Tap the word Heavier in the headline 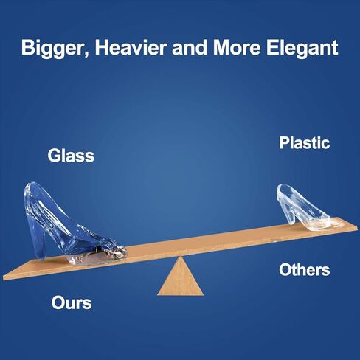pyautogui.click(x=131, y=47)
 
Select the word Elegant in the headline pyautogui.click(x=302, y=49)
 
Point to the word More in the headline pyautogui.click(x=237, y=47)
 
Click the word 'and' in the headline pyautogui.click(x=190, y=47)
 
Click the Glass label pyautogui.click(x=71, y=156)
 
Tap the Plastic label pyautogui.click(x=305, y=142)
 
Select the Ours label pyautogui.click(x=72, y=302)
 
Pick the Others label pyautogui.click(x=305, y=269)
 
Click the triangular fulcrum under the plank pyautogui.click(x=180, y=279)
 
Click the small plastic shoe pyautogui.click(x=308, y=209)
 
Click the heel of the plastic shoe pyautogui.click(x=291, y=216)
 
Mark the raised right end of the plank pyautogui.click(x=356, y=227)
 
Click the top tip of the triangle pyautogui.click(x=181, y=257)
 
